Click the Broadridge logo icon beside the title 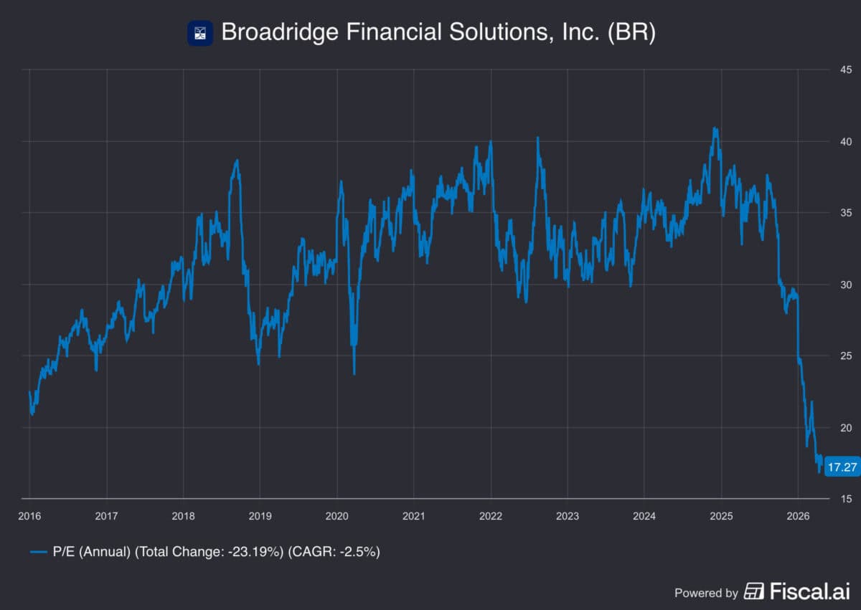(199, 33)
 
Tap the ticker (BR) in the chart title (631, 33)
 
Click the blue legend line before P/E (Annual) (39, 552)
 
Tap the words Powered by (706, 593)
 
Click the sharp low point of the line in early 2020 (354, 373)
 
